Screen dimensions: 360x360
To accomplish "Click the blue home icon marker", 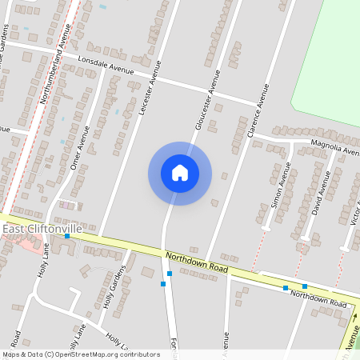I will (x=180, y=173).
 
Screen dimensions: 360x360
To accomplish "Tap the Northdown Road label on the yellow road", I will (x=197, y=263).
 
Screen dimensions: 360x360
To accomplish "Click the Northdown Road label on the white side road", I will (x=318, y=299).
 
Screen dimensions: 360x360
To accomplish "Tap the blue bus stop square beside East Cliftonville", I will (x=66, y=236).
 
